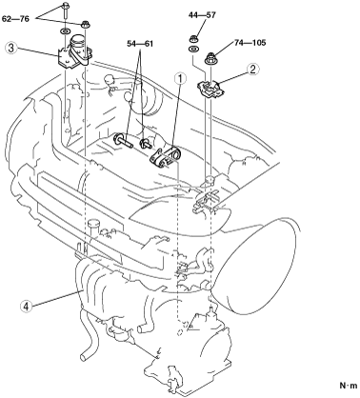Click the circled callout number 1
[180, 78]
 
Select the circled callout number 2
[252, 70]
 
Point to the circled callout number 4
[26, 307]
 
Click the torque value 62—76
[15, 19]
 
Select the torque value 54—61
[140, 44]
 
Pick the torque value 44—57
[202, 15]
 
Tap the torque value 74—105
[250, 42]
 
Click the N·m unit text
[349, 386]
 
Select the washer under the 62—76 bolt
[65, 31]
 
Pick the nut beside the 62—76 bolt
[85, 24]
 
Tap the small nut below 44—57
[193, 40]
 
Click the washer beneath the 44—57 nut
[193, 50]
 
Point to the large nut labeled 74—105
[211, 59]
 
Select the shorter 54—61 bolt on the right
[145, 143]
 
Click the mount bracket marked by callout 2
[210, 88]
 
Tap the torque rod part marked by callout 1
[165, 158]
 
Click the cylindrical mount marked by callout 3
[75, 51]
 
